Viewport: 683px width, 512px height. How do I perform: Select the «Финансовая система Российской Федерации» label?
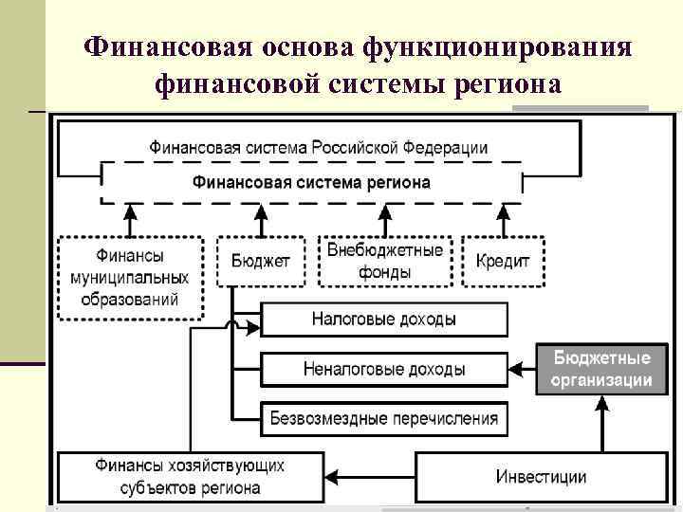tap(318, 147)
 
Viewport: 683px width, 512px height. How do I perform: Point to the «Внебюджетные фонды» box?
tap(384, 261)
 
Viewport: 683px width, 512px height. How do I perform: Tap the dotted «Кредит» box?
tap(502, 261)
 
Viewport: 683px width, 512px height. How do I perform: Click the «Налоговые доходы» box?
tap(383, 320)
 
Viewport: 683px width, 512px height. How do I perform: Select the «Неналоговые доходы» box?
tap(383, 369)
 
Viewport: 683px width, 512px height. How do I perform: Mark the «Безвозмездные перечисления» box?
tap(383, 417)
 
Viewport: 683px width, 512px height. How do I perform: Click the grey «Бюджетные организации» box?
tap(601, 370)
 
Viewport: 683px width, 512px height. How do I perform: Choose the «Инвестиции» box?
tap(541, 476)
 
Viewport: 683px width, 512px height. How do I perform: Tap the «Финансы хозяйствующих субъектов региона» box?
tap(189, 476)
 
